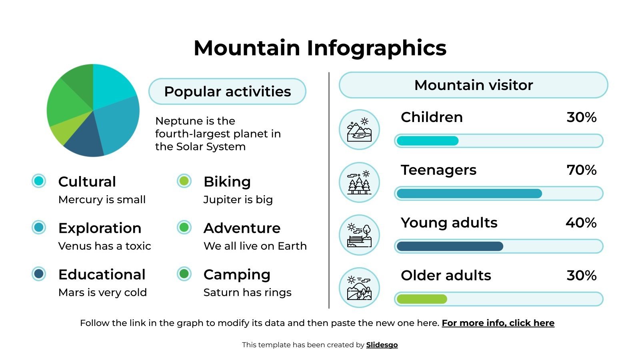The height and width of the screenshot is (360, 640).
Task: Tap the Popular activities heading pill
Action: tap(227, 92)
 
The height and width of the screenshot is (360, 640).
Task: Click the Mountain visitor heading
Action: tap(473, 85)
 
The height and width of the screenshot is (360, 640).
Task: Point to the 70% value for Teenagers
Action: tap(581, 170)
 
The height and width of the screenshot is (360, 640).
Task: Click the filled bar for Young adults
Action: tap(450, 246)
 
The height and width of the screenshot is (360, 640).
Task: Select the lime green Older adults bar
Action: tap(422, 299)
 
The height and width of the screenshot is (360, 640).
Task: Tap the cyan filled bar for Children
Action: tap(427, 141)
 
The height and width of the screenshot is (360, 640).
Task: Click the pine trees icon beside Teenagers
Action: tap(359, 182)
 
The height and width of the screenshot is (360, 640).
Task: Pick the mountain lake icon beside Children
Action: tap(359, 130)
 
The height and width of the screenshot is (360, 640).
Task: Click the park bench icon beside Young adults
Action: tap(359, 235)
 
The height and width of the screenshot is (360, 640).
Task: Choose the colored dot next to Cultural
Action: tap(39, 181)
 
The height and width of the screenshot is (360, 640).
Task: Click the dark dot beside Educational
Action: tap(39, 274)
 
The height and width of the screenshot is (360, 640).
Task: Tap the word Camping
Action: tap(237, 274)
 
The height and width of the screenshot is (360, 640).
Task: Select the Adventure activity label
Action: tap(242, 228)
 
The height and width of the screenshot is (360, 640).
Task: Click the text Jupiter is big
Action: tap(238, 200)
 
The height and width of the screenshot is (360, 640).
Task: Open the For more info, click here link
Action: tap(498, 323)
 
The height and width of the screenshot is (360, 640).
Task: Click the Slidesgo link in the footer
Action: tap(382, 345)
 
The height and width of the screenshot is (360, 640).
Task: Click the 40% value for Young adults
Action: tap(581, 223)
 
